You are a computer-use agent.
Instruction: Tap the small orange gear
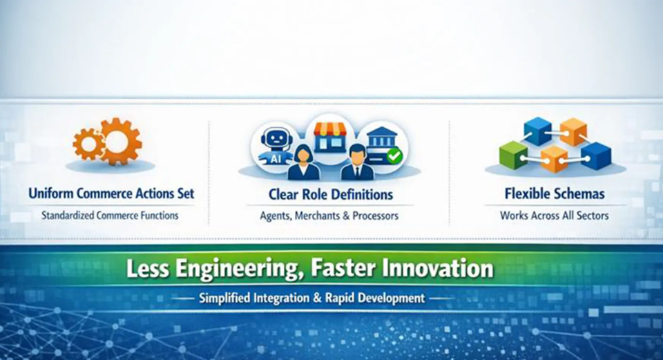(87, 144)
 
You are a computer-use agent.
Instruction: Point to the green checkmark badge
(394, 156)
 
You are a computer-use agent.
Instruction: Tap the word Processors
(375, 216)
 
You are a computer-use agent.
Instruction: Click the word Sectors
(591, 216)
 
